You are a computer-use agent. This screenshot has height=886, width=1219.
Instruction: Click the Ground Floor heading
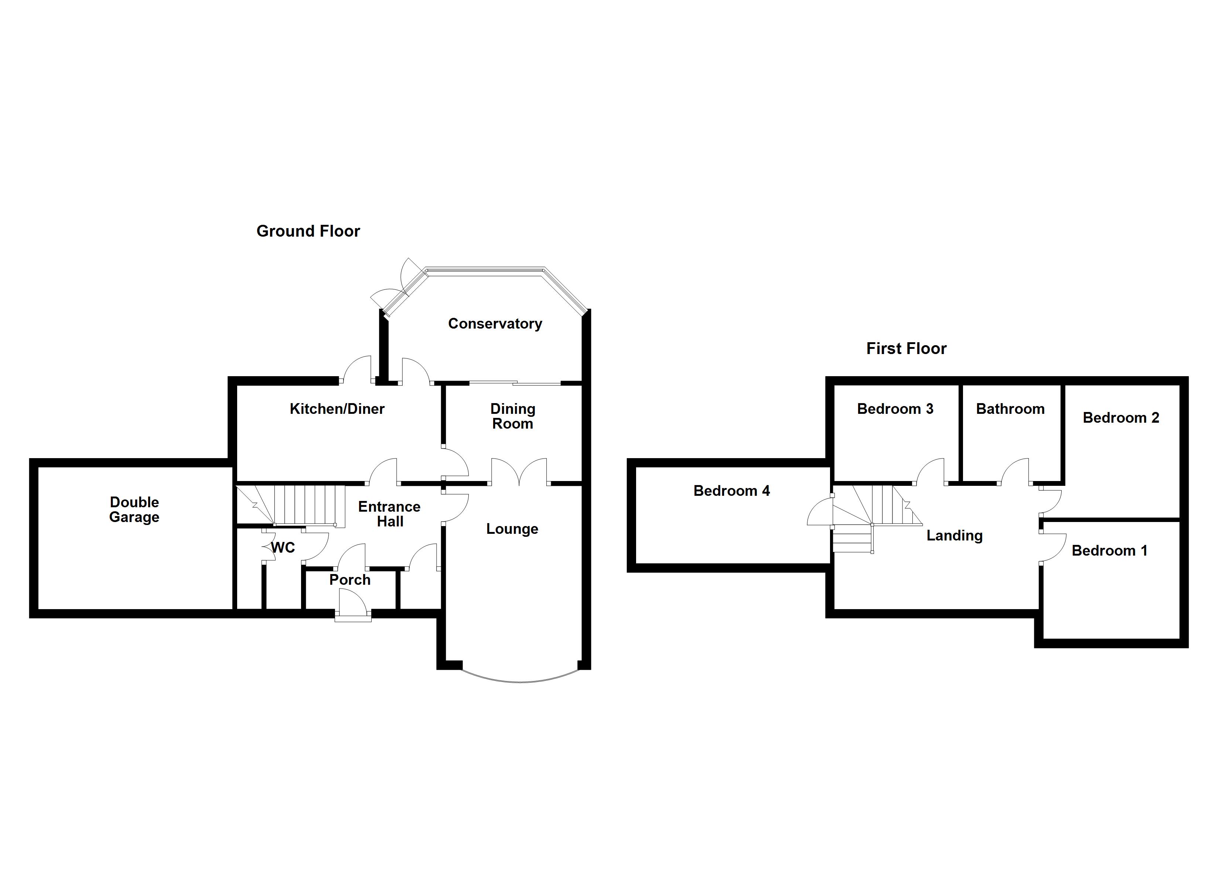308,231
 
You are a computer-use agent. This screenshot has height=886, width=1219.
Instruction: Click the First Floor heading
906,349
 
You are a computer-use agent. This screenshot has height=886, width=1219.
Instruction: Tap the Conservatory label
495,323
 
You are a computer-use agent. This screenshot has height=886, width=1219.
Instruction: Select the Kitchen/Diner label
337,409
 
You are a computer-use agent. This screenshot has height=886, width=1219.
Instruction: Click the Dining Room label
512,416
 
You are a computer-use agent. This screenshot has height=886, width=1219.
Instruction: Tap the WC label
283,547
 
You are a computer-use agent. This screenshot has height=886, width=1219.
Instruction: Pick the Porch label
349,580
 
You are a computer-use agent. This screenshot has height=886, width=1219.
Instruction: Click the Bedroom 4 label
731,491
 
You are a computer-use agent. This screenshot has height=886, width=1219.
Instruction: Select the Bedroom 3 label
895,409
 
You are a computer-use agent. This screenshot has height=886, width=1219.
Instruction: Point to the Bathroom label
1010,409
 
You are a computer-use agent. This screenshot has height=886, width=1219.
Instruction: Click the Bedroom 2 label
1121,418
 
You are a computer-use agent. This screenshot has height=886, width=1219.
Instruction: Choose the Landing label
954,535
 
